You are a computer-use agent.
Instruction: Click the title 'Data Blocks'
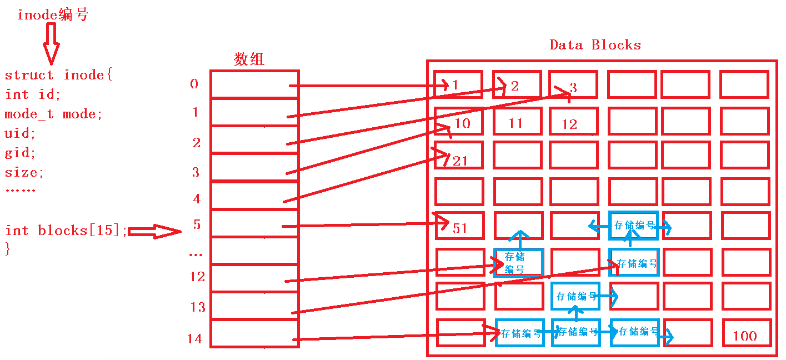click(595, 45)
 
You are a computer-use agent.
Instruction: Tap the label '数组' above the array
click(249, 59)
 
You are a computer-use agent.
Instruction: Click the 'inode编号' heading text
click(52, 15)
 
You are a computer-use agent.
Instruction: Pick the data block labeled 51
click(459, 226)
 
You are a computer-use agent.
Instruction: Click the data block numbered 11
click(517, 122)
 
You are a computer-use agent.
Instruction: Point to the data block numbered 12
click(573, 122)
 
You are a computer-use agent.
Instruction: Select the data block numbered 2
click(517, 85)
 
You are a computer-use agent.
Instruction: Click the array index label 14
click(194, 339)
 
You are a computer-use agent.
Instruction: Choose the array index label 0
click(194, 84)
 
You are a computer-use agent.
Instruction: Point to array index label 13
click(198, 307)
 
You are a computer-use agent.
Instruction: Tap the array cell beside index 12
click(254, 278)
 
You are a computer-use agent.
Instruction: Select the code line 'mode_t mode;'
click(53, 114)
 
